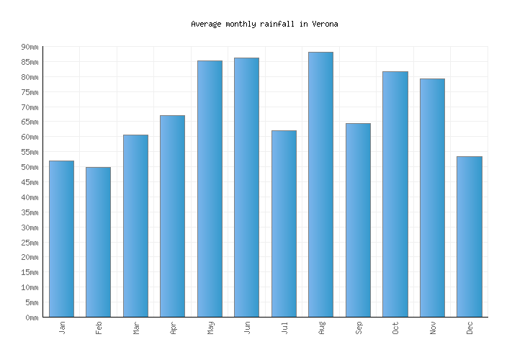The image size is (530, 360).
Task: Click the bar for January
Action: [x=61, y=238]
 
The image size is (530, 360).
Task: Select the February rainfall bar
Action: [x=98, y=242]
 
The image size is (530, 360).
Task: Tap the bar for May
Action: [x=210, y=189]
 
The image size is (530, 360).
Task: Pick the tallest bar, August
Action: [x=320, y=184]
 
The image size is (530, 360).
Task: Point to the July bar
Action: [x=284, y=223]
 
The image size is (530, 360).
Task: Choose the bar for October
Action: [x=395, y=194]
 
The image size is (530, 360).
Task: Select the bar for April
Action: [x=172, y=216]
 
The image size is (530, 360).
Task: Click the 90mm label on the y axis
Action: [x=30, y=47]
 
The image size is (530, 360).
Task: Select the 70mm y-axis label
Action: [x=30, y=107]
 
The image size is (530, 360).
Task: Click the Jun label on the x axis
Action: [x=247, y=328]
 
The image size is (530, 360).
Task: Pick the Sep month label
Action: [x=359, y=328]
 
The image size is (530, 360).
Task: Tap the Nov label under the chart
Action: [x=433, y=328]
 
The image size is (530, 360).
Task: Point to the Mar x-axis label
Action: [x=136, y=328]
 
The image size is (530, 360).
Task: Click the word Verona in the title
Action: [x=325, y=24]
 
